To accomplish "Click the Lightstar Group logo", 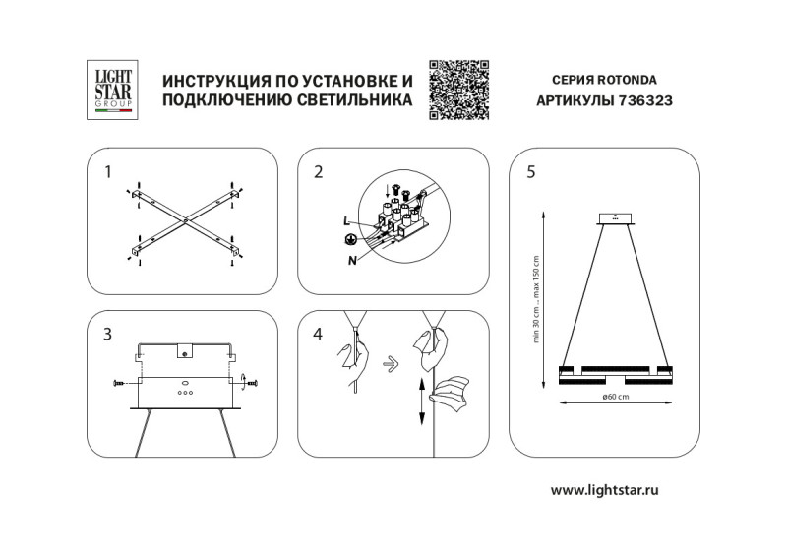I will coord(110,90).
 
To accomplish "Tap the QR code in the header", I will coord(459,90).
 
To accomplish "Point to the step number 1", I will coord(109,172).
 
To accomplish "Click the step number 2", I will coord(318,172).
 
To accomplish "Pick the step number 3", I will coord(108,335).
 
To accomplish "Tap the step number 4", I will coord(318,335).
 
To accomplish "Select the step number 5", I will coord(531,172).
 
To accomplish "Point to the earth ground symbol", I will coord(349,240).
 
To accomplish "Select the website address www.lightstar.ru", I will coord(603,489).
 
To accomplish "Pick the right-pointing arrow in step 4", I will coord(391,361).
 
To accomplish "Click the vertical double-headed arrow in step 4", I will coord(421,401).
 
